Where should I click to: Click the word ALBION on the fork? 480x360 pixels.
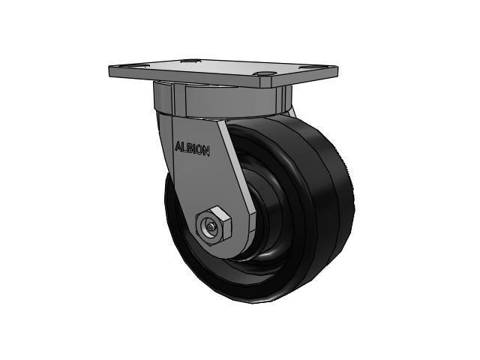tap(193, 148)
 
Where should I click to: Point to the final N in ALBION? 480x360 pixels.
tap(207, 150)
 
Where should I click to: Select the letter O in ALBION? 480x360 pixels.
tap(201, 149)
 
